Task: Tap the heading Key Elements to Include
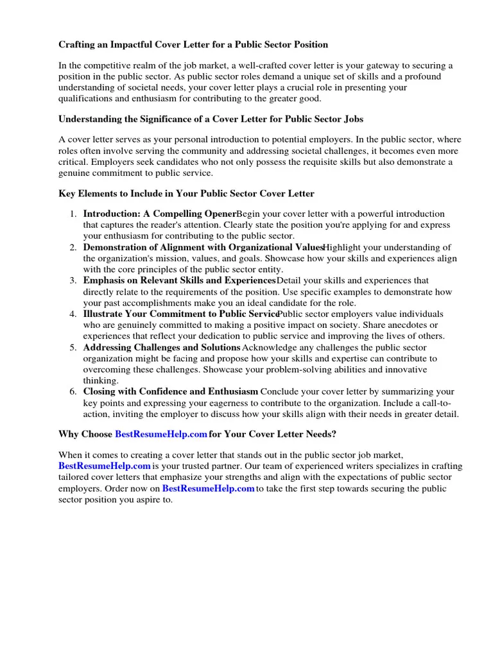[x=186, y=193]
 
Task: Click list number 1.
[x=74, y=214]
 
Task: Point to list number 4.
[x=74, y=314]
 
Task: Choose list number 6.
[x=74, y=391]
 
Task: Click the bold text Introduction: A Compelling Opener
[x=159, y=214]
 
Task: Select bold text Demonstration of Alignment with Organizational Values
[x=202, y=247]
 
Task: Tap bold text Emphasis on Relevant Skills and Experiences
[x=179, y=280]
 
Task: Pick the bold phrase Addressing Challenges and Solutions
[x=162, y=347]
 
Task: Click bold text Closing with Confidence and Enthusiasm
[x=171, y=391]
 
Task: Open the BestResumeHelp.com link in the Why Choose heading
[x=160, y=434]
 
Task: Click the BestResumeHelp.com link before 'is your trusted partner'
[x=105, y=466]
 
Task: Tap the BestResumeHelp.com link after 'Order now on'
[x=208, y=488]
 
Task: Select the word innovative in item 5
[x=407, y=370]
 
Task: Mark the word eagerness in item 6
[x=243, y=403]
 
